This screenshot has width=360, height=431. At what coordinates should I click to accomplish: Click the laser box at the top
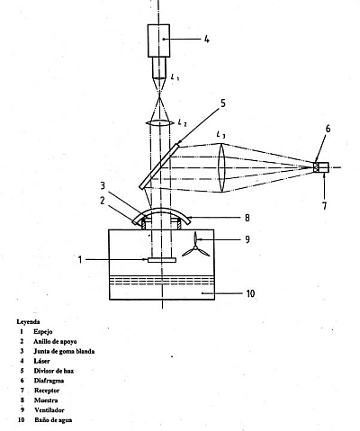[x=158, y=40]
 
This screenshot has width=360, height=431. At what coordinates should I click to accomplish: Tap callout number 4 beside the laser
[x=207, y=39]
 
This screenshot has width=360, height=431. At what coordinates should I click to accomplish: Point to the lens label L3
[x=220, y=135]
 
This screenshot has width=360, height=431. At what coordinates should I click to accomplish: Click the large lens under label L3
[x=221, y=167]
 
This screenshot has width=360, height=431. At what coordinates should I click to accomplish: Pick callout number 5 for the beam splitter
[x=222, y=103]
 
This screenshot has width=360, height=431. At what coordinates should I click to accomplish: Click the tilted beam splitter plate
[x=160, y=166]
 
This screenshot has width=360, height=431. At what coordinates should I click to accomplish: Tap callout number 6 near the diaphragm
[x=328, y=129]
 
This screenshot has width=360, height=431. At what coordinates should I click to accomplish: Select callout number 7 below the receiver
[x=325, y=206]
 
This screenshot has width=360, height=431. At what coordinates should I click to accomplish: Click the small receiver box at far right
[x=321, y=167]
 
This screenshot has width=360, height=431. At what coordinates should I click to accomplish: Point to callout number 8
[x=247, y=218]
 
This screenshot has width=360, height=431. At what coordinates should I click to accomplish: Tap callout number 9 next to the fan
[x=247, y=239]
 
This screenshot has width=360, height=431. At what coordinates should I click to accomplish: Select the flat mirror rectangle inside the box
[x=162, y=260]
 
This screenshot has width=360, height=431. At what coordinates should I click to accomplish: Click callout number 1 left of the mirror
[x=80, y=260]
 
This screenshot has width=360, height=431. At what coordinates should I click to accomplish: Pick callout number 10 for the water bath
[x=250, y=293]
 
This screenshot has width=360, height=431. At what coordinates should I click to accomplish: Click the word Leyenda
[x=28, y=322]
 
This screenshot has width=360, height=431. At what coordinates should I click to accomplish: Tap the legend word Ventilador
[x=49, y=410]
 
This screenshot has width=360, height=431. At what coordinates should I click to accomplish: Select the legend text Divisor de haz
[x=54, y=371]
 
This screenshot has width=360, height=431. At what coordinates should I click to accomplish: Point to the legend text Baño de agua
[x=53, y=420]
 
